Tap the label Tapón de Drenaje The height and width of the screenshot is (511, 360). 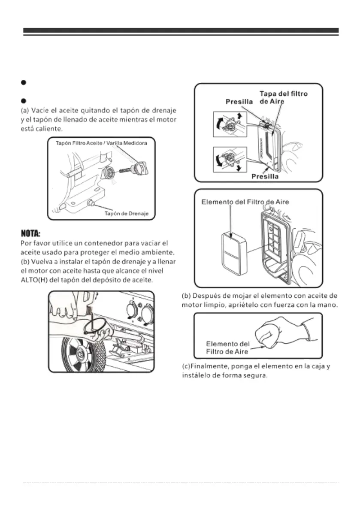tap(127, 213)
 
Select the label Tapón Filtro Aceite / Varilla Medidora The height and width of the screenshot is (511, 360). tap(101, 143)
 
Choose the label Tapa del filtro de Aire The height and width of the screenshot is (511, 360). tap(283, 97)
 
